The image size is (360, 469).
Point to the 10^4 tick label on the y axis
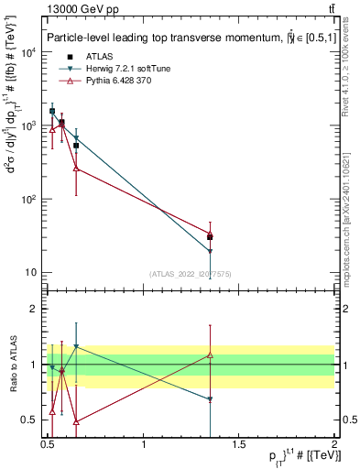point(27,52)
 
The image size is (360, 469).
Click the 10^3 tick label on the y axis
point(27,125)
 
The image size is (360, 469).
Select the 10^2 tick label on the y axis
point(27,199)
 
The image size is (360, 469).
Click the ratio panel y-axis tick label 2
point(35,309)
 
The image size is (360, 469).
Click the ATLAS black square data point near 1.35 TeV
point(211,236)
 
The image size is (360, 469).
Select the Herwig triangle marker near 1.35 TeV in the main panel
point(211,251)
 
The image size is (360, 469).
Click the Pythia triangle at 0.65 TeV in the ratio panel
point(76,421)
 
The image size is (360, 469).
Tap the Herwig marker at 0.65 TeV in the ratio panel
point(76,347)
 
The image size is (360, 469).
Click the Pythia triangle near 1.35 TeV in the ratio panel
point(211,354)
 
